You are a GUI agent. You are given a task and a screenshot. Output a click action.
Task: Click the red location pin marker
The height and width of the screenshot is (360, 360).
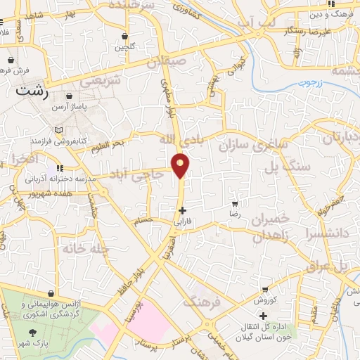click(181, 165)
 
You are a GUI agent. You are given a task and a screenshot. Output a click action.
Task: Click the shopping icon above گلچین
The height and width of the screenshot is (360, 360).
click(124, 36)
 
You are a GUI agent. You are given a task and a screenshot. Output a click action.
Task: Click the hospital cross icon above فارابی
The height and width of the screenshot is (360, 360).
click(182, 210)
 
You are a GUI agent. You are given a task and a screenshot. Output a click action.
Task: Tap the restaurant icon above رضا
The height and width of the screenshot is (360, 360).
click(235, 201)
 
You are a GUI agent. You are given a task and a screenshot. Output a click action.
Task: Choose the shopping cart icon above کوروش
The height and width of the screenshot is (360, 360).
click(264, 289)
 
